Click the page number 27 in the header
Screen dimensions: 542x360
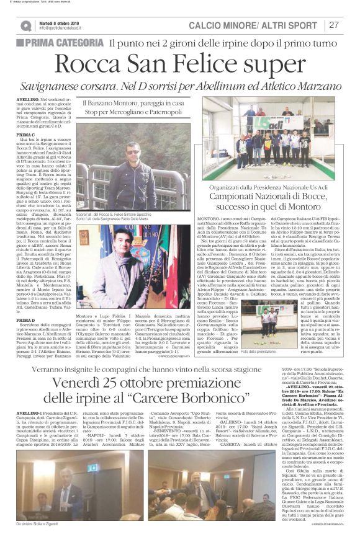click(334, 25)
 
